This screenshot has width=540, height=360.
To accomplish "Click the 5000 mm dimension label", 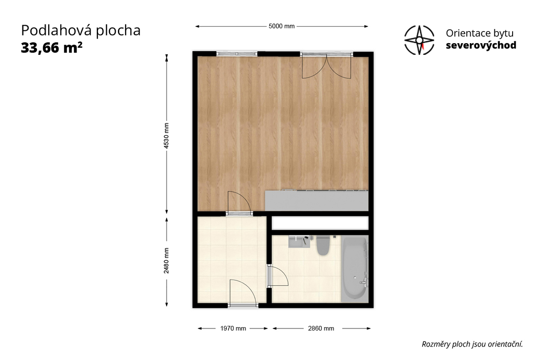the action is tap(281, 26).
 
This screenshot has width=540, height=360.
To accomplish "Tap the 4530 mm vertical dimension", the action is tap(166, 135).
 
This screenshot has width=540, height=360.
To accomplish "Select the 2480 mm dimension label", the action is tap(166, 261).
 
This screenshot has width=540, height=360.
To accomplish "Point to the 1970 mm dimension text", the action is tap(233, 328).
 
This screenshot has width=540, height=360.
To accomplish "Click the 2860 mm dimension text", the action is tap(321, 328).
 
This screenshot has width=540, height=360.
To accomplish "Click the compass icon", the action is tap(419, 40).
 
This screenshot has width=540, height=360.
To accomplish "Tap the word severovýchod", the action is tap(481, 45).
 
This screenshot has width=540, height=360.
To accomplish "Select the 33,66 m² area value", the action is tap(52, 48).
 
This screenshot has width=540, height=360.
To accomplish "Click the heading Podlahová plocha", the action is tap(81, 31).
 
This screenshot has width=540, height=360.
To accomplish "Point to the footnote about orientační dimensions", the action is tap(472, 344).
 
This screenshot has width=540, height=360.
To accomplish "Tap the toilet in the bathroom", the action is tap(323, 246).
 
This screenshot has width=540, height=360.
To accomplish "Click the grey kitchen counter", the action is tap(317, 201).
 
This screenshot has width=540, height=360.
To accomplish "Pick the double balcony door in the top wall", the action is tap(327, 66).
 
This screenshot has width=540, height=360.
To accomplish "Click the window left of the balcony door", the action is tap(237, 54).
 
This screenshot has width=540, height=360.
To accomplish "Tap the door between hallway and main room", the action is tap(239, 202).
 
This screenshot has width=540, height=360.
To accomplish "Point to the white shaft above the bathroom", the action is tap(320, 223).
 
